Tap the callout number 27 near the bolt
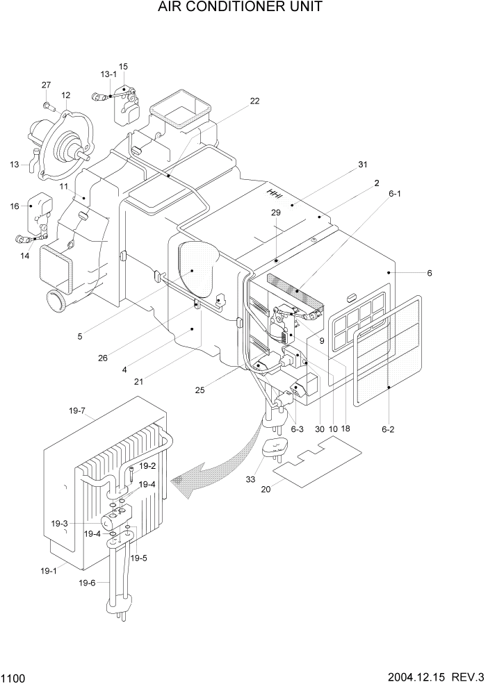[47, 85]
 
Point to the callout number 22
[254, 101]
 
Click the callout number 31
[362, 165]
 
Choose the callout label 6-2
[388, 430]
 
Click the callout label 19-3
[79, 523]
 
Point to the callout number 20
[266, 489]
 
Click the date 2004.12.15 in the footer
[418, 676]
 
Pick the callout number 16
[15, 206]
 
